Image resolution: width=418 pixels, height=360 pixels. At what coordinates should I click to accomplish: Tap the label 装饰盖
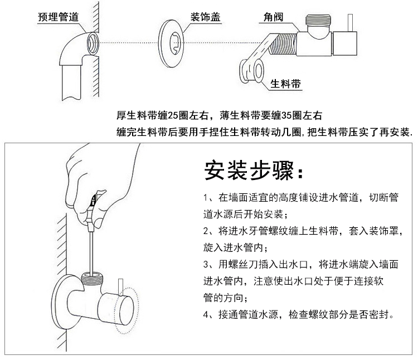pyautogui.click(x=206, y=17)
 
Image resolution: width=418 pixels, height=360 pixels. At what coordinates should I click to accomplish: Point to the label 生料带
pyautogui.click(x=286, y=84)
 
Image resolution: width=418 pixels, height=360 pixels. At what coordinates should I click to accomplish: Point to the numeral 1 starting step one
pyautogui.click(x=206, y=198)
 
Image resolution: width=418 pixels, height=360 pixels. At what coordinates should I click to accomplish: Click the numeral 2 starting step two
pyautogui.click(x=206, y=231)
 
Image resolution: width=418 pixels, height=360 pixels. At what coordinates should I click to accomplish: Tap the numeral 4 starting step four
pyautogui.click(x=206, y=314)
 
